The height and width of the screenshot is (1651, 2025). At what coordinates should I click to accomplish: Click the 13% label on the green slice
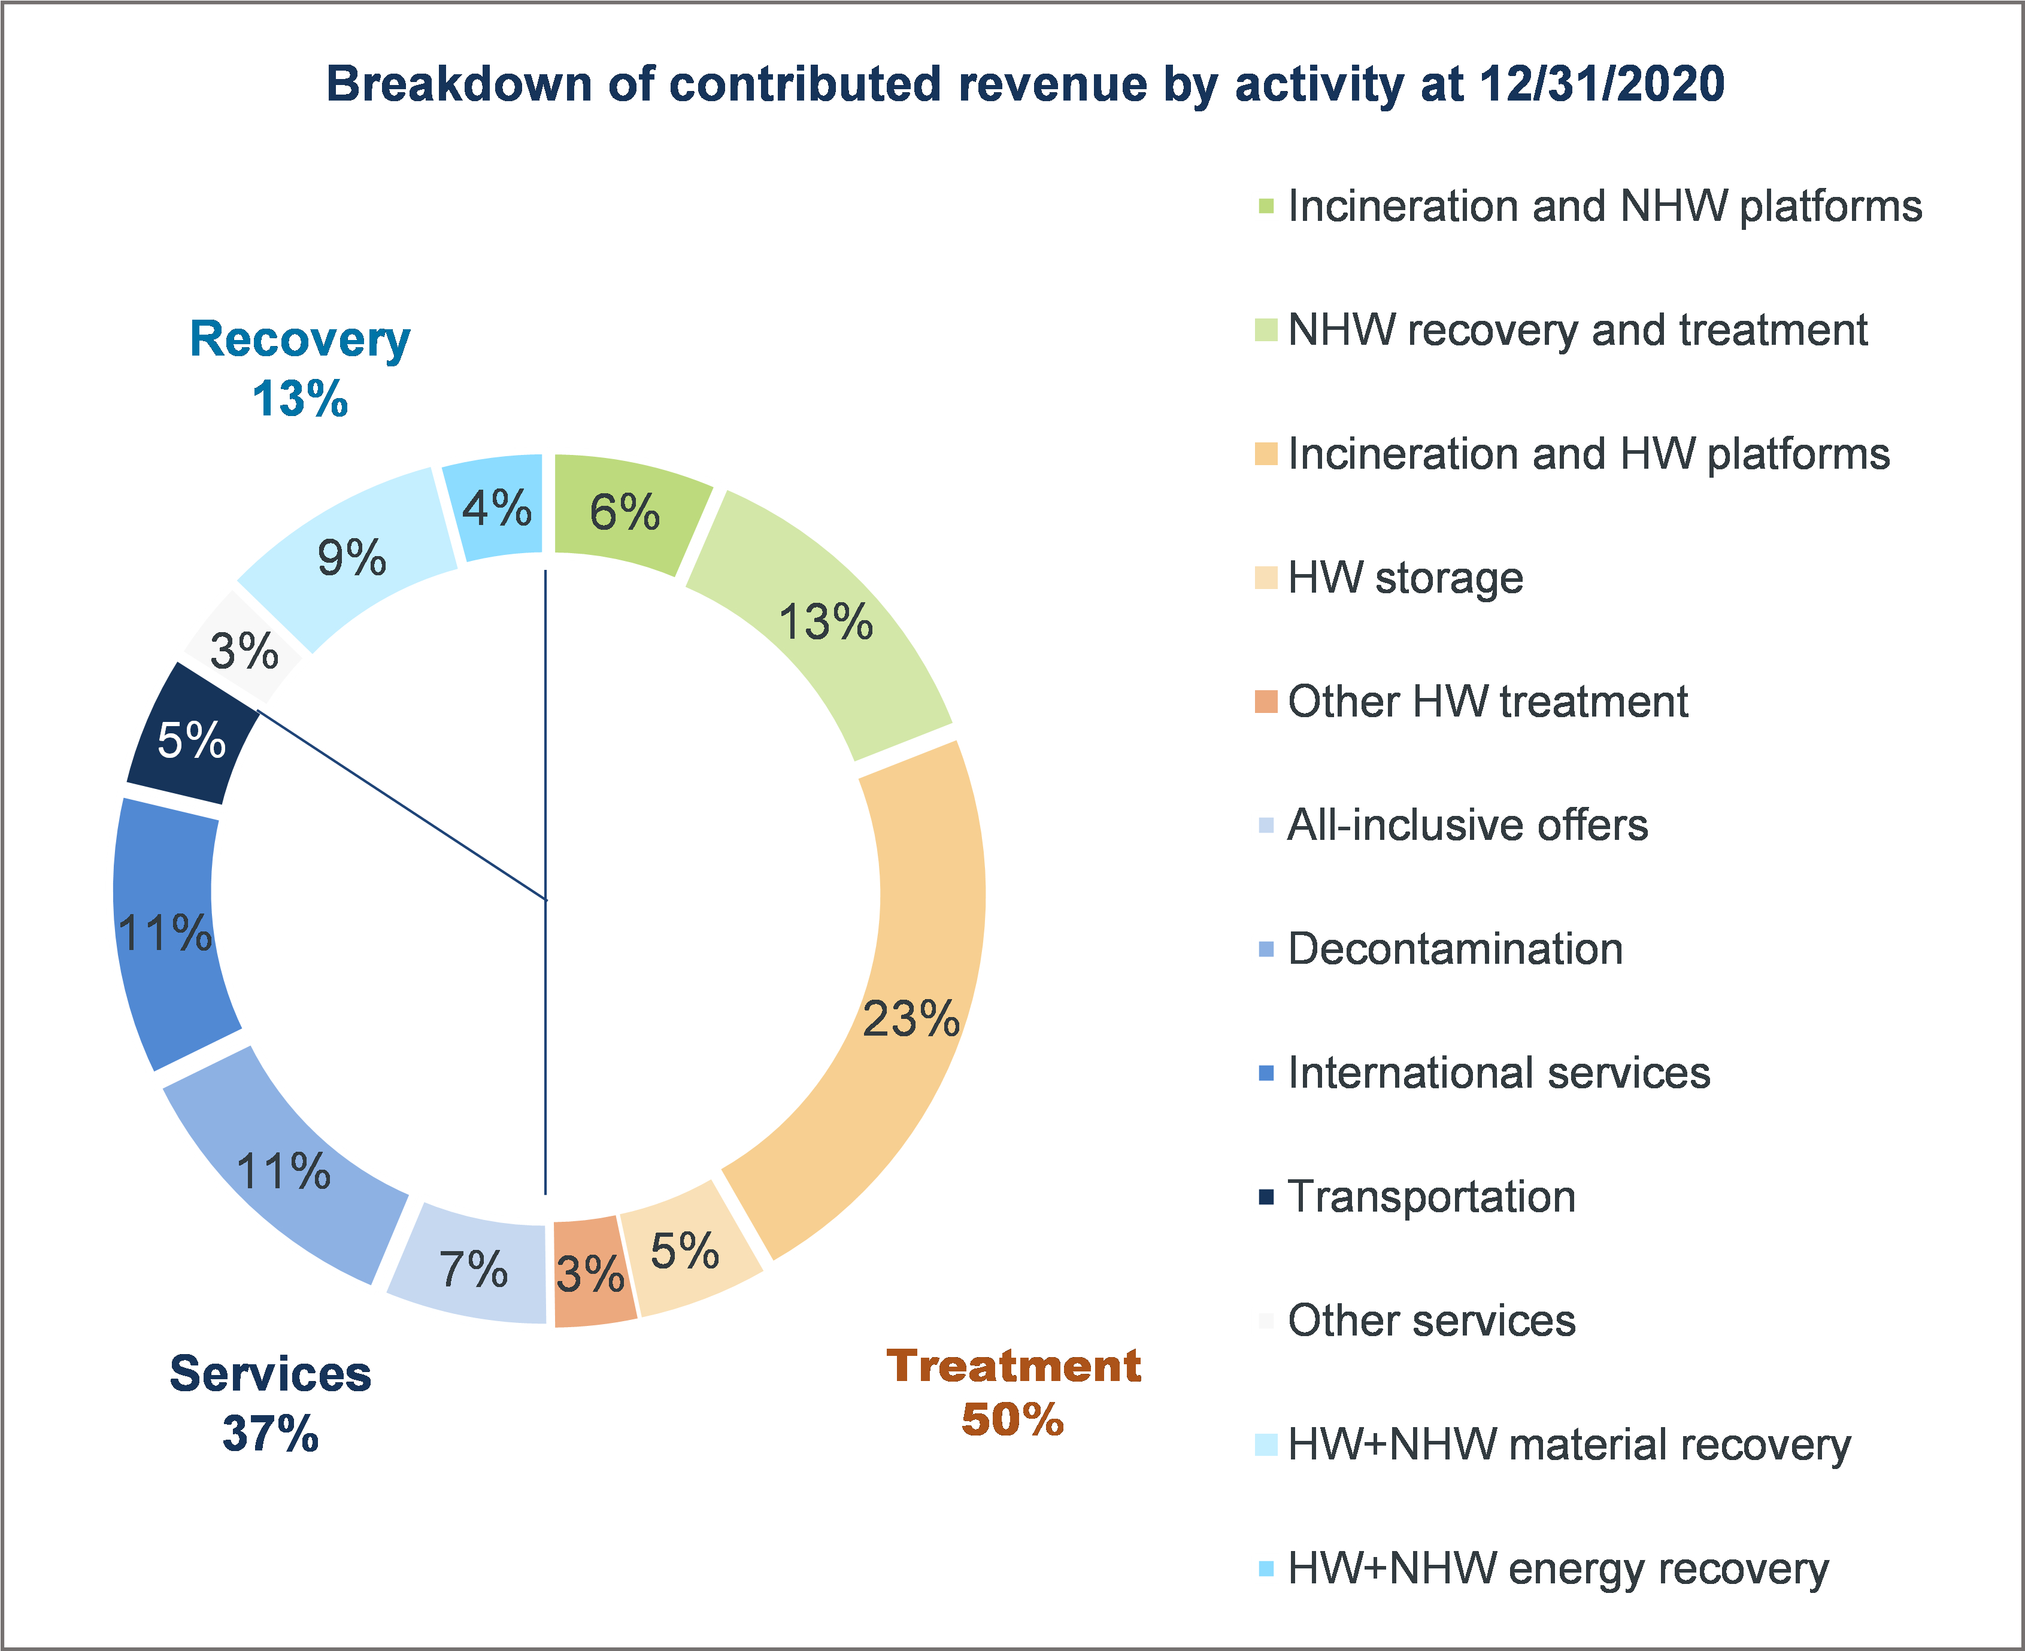click(824, 623)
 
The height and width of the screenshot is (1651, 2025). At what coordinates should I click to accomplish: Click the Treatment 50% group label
click(1013, 1392)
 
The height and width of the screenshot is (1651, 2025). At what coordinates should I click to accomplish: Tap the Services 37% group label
click(270, 1403)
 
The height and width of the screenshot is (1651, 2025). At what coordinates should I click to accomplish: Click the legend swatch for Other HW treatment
click(1266, 702)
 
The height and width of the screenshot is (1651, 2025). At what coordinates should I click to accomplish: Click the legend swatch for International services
click(1266, 1073)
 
